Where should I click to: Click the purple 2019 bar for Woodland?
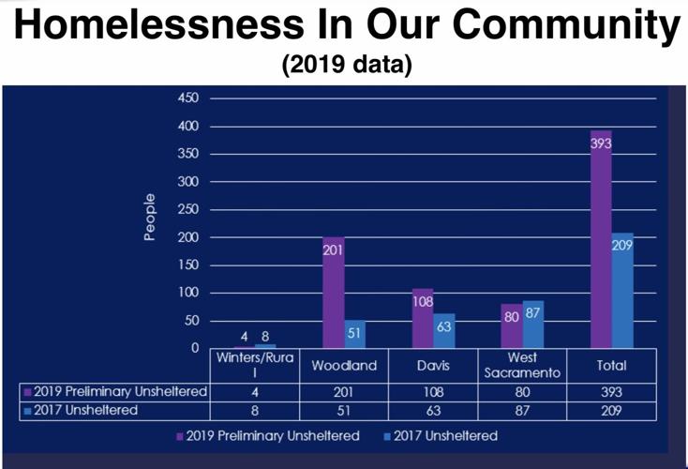click(333, 293)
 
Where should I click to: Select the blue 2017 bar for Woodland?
click(356, 334)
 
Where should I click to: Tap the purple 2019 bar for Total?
click(600, 239)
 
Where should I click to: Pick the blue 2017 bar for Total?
click(622, 291)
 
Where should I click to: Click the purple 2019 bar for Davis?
click(423, 319)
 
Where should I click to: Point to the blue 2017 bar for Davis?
click(445, 330)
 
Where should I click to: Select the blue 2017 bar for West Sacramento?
click(533, 325)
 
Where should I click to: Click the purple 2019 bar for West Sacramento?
click(511, 326)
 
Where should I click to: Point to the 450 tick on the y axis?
click(188, 98)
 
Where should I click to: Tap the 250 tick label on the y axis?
click(188, 209)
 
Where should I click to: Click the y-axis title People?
click(149, 218)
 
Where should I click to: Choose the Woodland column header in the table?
click(343, 366)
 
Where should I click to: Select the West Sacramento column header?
click(522, 366)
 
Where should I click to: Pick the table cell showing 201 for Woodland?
click(343, 391)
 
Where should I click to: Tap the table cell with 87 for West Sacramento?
click(522, 410)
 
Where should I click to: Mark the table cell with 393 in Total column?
click(613, 391)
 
